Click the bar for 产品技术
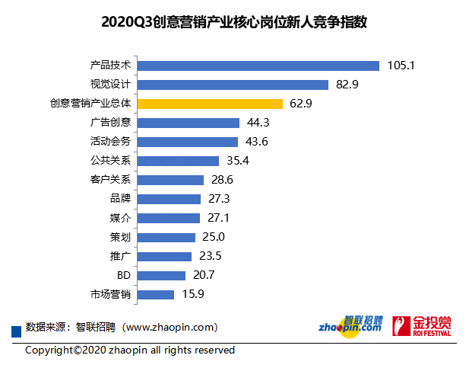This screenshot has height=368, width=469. click(258, 66)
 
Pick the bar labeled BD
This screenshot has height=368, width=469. click(162, 275)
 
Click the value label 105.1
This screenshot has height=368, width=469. click(400, 66)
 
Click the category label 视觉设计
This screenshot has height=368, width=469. click(110, 85)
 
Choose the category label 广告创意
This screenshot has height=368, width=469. click(110, 123)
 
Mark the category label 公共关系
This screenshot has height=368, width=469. click(110, 161)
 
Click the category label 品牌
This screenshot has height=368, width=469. click(120, 199)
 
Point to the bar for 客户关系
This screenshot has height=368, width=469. click(171, 180)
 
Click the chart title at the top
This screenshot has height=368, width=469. click(234, 21)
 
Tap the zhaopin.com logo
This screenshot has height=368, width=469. click(350, 325)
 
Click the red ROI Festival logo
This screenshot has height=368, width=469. click(421, 325)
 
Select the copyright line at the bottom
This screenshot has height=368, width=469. click(130, 350)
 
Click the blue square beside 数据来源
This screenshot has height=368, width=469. click(14, 329)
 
